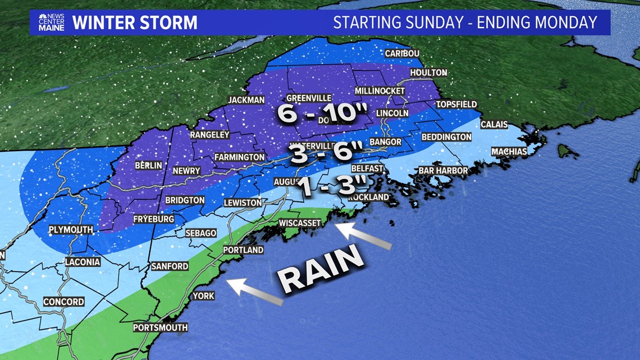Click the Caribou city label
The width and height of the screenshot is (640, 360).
[402, 53]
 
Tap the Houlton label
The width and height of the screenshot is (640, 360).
[428, 73]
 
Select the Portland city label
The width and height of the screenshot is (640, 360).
[243, 250]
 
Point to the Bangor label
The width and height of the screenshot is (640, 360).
[386, 142]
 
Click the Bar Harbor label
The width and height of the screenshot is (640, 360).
[443, 171]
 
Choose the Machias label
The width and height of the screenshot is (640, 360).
[509, 152]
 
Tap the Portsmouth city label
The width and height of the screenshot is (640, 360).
[160, 327]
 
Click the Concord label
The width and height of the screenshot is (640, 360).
[64, 302]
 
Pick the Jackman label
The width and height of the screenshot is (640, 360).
[246, 101]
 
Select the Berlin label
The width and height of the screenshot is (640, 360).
[148, 166]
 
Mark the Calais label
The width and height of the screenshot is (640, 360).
[494, 125]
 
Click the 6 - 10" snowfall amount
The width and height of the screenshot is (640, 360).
[318, 114]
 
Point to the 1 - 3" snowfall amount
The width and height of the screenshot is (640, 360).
[332, 187]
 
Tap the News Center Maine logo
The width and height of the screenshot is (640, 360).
[51, 22]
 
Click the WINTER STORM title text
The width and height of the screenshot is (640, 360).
[135, 23]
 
